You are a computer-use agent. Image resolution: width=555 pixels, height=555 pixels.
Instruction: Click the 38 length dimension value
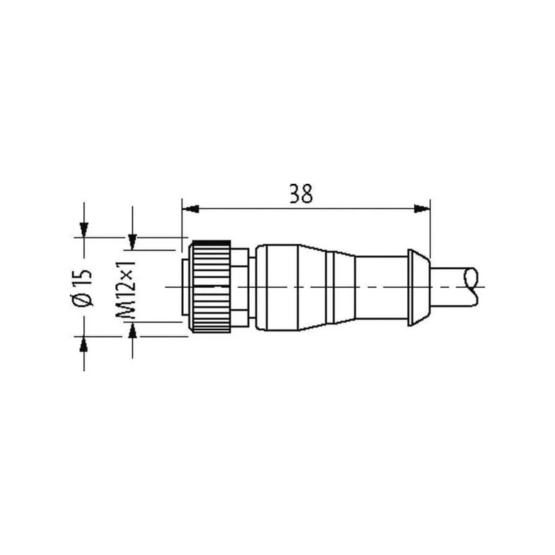click(x=301, y=194)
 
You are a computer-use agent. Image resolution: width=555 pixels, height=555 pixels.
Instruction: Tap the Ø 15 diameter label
click(x=83, y=287)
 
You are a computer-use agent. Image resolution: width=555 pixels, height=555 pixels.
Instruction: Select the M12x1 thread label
click(x=126, y=290)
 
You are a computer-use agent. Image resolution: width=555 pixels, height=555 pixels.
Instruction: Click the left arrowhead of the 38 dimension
click(x=190, y=209)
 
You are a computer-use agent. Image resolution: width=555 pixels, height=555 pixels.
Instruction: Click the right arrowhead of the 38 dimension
click(x=422, y=209)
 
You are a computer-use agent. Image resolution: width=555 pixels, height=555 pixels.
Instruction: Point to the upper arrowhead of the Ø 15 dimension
click(x=84, y=230)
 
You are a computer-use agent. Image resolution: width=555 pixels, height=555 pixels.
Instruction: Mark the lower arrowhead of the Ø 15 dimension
click(x=84, y=344)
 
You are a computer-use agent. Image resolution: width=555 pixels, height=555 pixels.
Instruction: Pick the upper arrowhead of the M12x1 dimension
click(x=133, y=242)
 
